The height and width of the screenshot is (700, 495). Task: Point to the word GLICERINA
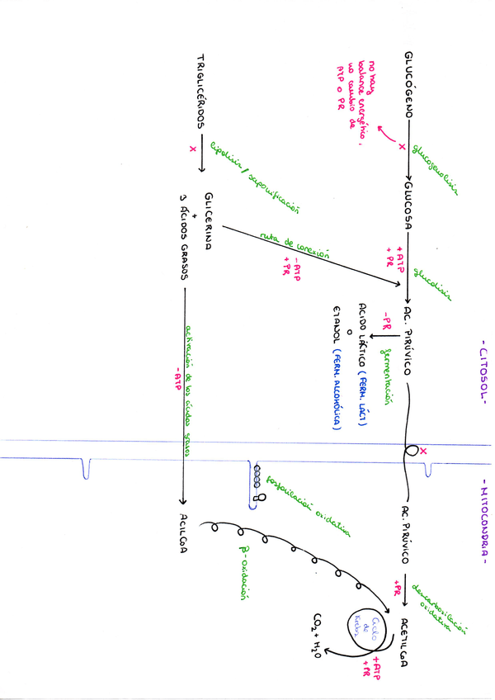[x=208, y=218]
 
